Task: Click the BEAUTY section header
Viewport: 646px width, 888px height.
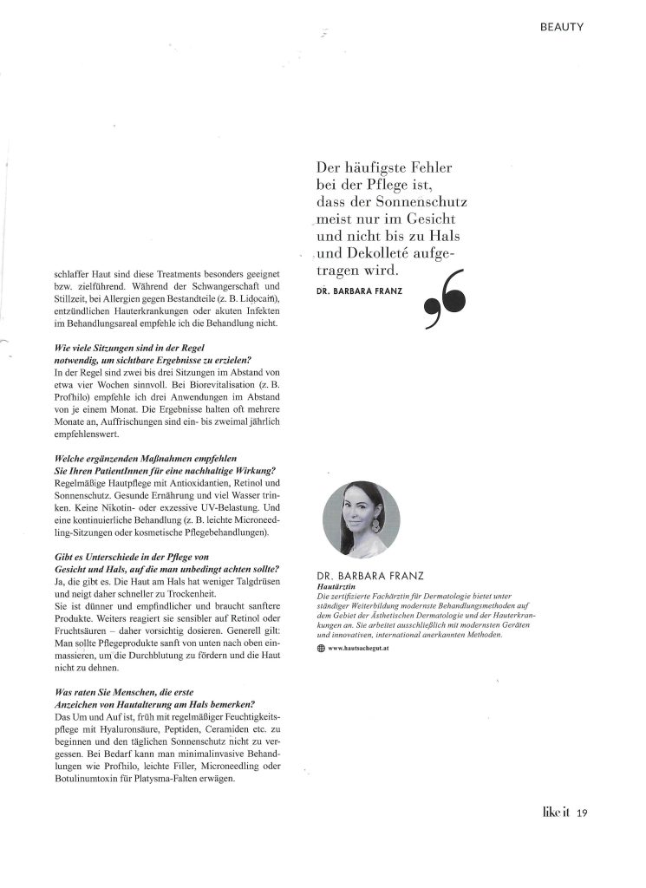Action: pos(562,27)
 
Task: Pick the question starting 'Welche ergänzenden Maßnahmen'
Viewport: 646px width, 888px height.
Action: pos(138,456)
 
